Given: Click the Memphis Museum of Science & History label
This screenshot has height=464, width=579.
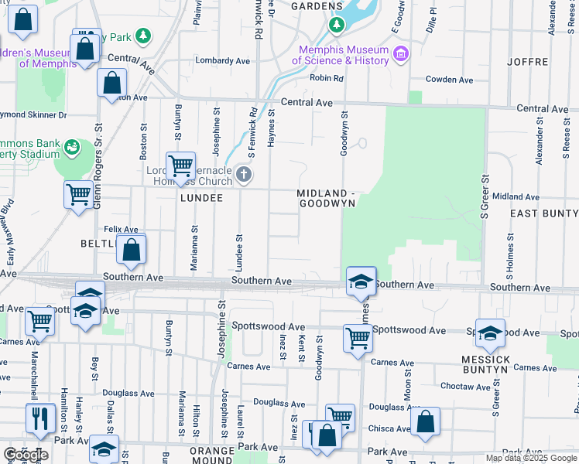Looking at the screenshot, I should click(344, 54).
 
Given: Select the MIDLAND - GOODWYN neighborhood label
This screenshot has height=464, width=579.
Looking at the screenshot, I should click(326, 198).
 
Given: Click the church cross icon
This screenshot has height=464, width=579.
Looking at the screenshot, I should click(244, 174).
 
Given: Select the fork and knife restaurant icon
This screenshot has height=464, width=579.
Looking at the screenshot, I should click(39, 418).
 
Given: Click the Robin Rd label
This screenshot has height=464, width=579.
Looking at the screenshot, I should click(326, 78).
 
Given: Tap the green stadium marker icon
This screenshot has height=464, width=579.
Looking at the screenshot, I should click(72, 145).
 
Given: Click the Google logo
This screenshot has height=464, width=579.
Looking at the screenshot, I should click(26, 455).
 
